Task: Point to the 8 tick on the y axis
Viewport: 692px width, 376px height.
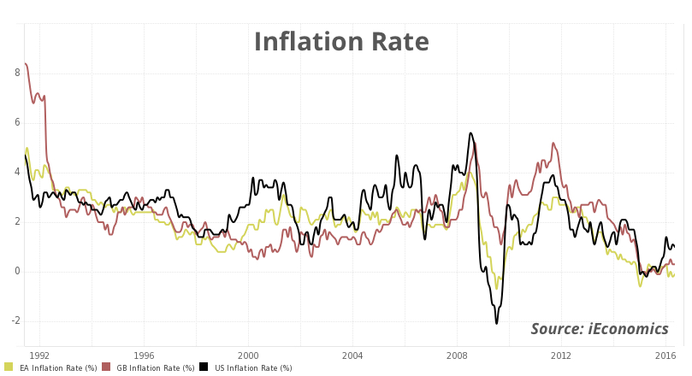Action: (x=17, y=73)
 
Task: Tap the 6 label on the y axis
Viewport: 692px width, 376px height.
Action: (x=17, y=123)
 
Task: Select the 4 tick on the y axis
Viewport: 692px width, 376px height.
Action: (x=17, y=173)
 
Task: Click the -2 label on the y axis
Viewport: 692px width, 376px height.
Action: (x=15, y=321)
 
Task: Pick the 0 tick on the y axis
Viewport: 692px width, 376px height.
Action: (x=17, y=272)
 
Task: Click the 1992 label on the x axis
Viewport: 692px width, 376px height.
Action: (x=39, y=355)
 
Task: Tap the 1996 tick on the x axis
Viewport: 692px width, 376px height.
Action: (x=144, y=355)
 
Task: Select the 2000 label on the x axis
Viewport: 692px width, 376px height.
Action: (x=248, y=355)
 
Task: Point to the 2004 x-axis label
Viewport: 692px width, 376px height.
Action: (x=352, y=355)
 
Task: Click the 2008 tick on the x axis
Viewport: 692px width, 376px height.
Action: (x=457, y=355)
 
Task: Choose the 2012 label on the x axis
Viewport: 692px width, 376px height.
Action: (x=561, y=355)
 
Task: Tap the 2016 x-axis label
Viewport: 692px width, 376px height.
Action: (x=665, y=355)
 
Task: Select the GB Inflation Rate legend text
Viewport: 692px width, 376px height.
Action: (x=155, y=368)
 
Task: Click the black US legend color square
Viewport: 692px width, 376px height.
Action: (x=204, y=367)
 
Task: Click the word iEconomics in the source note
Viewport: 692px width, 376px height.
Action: (x=629, y=330)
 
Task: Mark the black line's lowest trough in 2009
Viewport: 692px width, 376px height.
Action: (x=496, y=323)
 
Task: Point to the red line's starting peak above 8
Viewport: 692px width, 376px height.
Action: (x=26, y=63)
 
